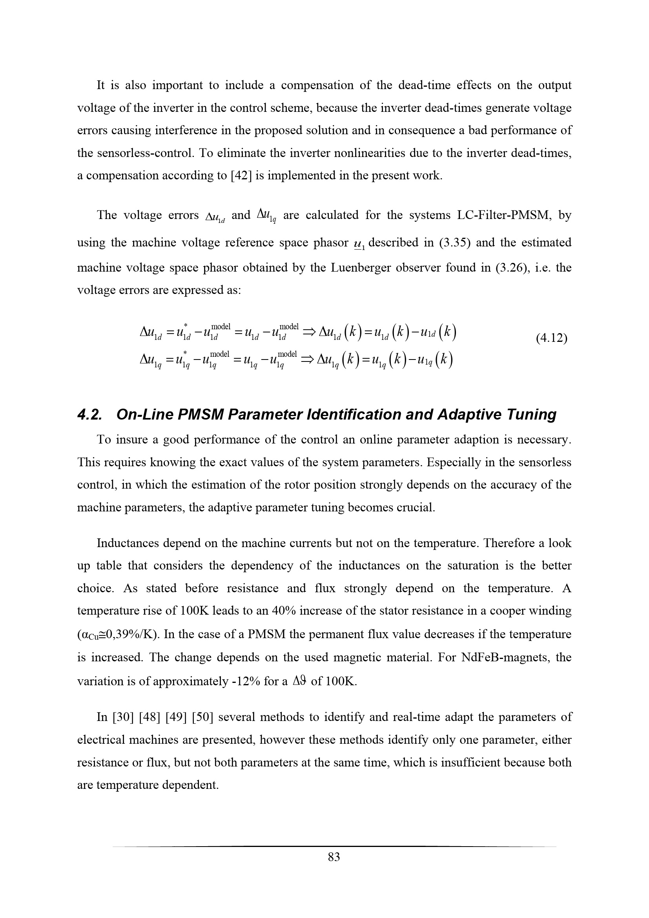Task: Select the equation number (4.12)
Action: [x=551, y=338]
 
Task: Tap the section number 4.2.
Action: [x=89, y=414]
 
